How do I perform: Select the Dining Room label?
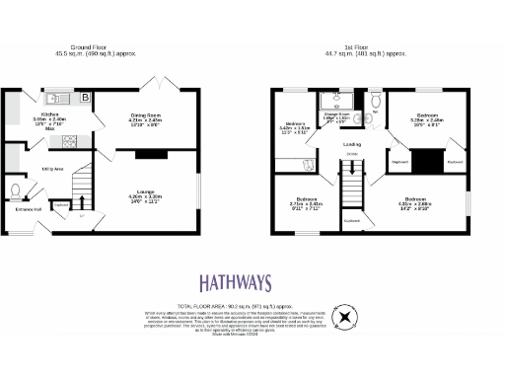pos(146,116)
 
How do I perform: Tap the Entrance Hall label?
pos(28,208)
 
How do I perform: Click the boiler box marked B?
pos(85,98)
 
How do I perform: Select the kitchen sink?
pos(55,98)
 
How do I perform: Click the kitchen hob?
pos(71,141)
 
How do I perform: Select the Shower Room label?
pos(337,117)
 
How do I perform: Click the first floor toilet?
pos(375,101)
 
